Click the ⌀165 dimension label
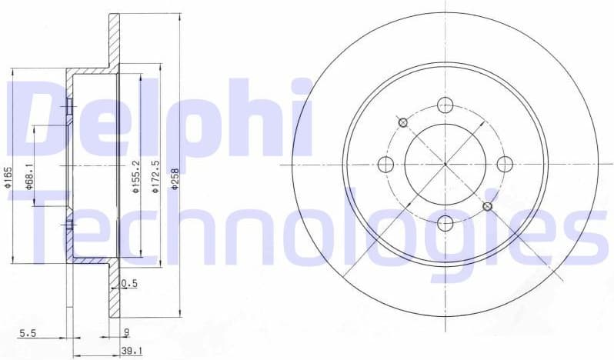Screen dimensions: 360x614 coord(7,178)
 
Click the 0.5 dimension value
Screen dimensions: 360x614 coord(129,284)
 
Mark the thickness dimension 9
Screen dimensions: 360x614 coord(125,333)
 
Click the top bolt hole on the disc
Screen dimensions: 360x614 coord(445,105)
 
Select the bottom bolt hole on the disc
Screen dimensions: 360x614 coord(445,223)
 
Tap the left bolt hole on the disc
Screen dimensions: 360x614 coord(385,164)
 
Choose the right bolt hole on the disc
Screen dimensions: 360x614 coord(505,164)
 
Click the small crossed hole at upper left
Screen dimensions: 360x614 coord(402,122)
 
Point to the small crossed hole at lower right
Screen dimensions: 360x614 coord(487,206)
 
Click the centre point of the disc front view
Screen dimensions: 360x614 coord(445,164)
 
